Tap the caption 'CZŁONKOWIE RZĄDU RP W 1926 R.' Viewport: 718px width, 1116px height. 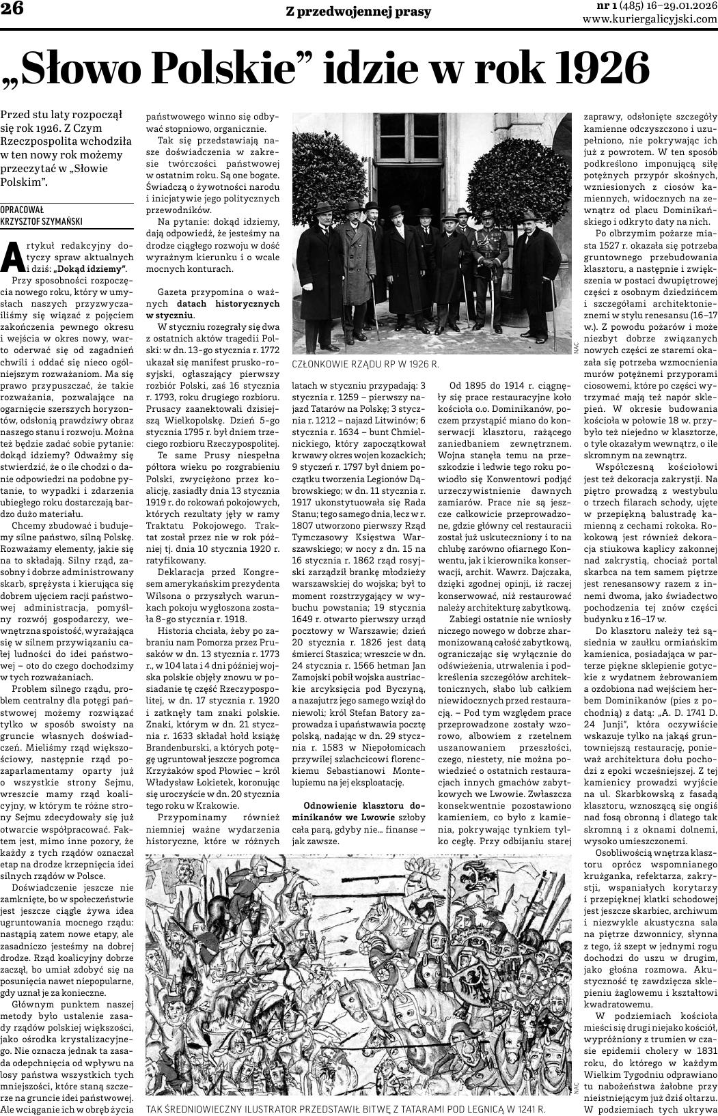(x=365, y=365)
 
